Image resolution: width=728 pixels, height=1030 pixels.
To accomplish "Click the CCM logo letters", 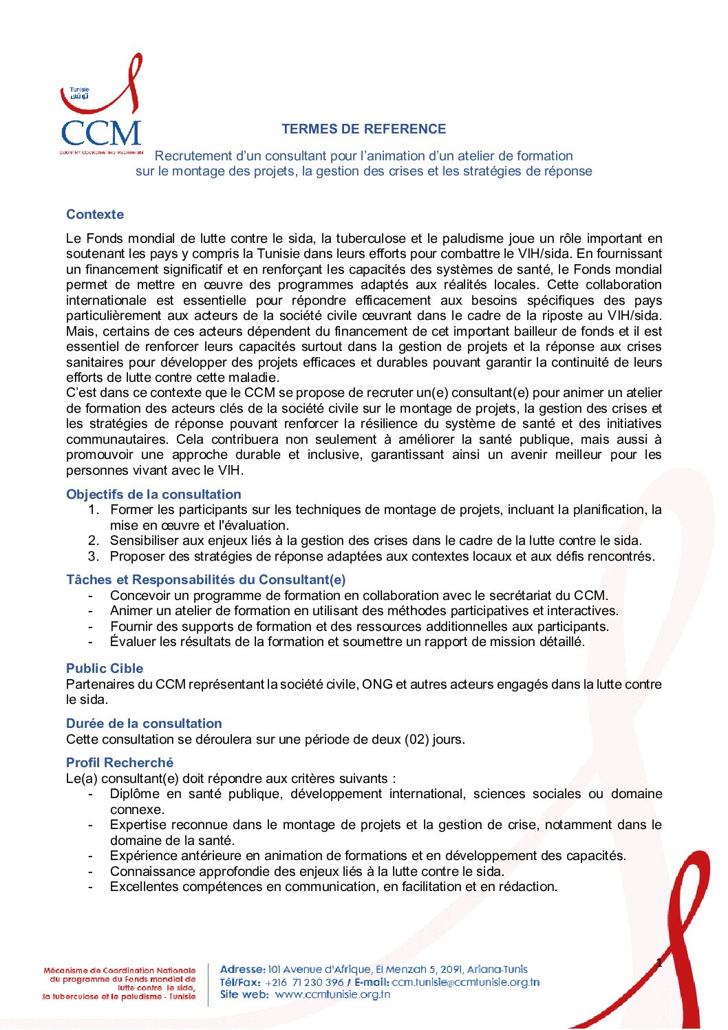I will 100,133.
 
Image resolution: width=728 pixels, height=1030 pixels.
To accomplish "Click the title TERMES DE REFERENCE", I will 363,129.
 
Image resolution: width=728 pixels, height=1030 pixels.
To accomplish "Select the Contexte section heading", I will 95,215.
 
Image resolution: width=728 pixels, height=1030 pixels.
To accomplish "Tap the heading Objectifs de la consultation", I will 153,495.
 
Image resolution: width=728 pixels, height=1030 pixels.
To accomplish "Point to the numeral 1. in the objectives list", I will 94,510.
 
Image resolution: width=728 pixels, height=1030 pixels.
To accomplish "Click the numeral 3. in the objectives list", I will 94,557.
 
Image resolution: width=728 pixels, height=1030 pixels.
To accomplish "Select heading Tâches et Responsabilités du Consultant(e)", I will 206,580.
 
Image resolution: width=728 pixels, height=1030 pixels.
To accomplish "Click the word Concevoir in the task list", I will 140,596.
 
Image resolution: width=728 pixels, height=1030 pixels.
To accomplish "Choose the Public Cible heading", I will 105,669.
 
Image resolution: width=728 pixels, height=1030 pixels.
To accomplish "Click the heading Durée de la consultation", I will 144,724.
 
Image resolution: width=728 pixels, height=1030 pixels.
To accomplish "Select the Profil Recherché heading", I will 120,763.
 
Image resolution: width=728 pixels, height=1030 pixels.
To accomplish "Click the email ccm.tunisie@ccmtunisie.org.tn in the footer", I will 466,983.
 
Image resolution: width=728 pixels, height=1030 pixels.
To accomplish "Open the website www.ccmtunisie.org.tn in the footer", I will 332,994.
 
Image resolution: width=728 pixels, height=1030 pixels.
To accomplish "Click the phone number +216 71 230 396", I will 304,983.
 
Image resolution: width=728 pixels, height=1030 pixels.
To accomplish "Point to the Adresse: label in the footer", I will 242,969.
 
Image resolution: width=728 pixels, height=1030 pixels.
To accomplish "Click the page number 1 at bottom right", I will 659,963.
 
